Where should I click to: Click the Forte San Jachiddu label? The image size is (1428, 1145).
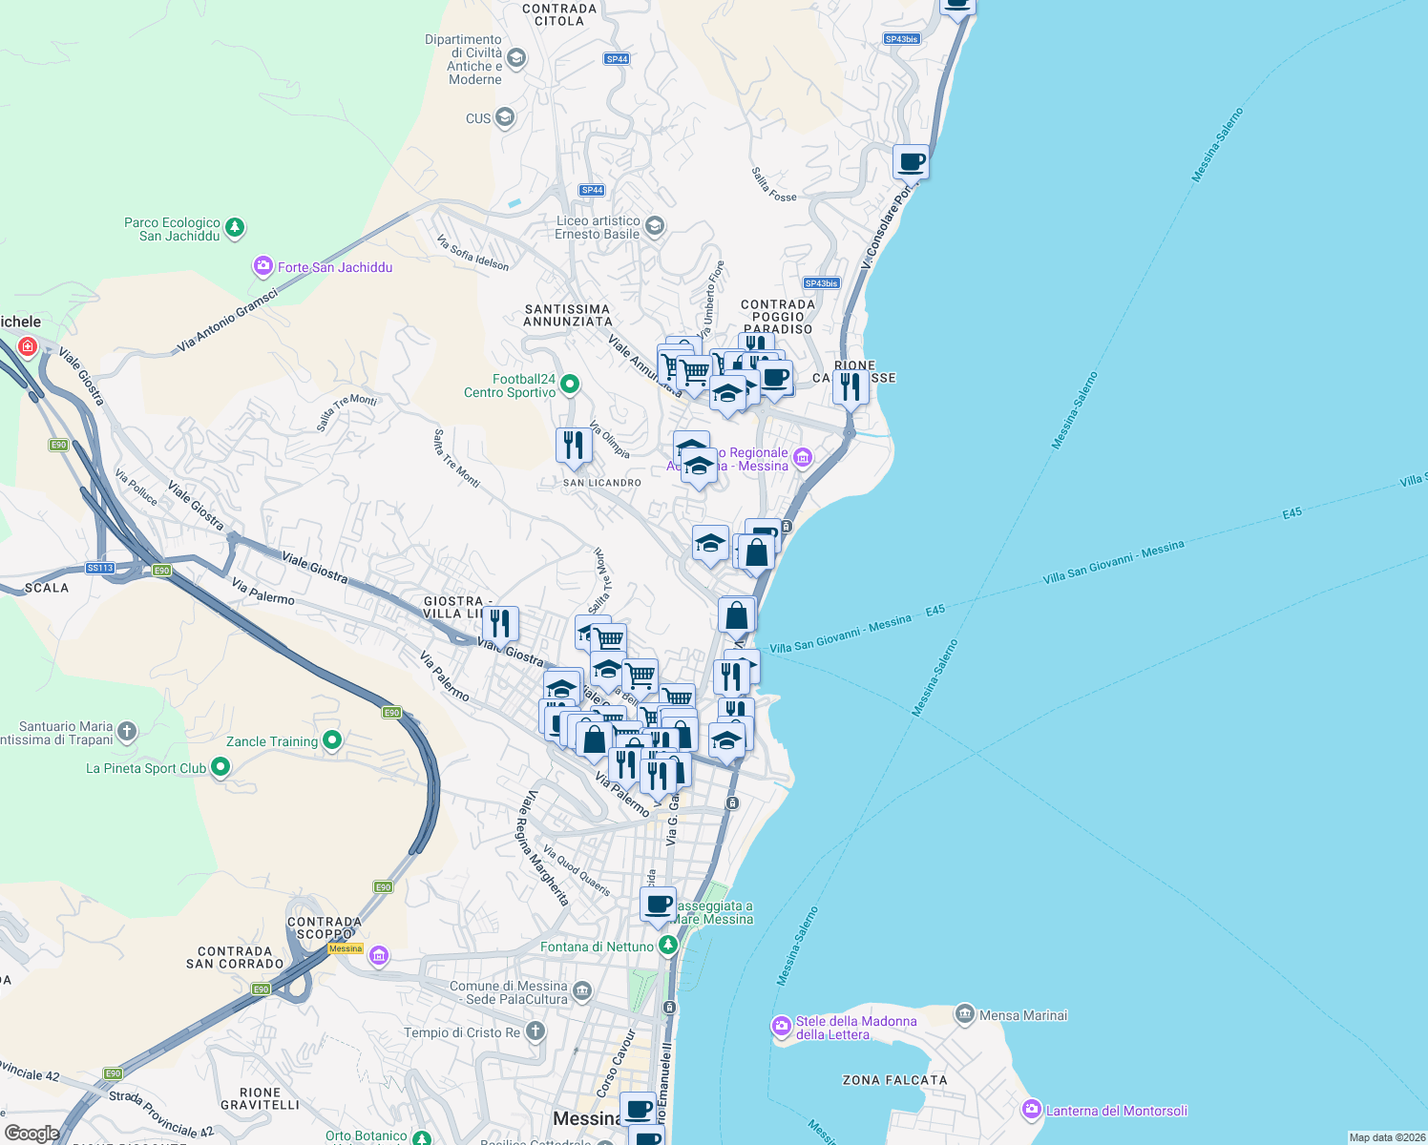pos(335,267)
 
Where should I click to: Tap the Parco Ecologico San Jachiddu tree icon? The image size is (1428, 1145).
pos(235,228)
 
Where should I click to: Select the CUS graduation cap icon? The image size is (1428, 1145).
pos(505,118)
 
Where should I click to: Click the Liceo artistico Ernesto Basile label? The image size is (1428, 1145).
pos(598,227)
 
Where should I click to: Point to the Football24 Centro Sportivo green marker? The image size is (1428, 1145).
pos(570,385)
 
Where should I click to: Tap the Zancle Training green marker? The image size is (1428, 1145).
pos(332,740)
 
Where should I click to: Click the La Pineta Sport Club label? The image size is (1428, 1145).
pos(146,768)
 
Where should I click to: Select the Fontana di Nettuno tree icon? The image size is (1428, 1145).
pos(668,946)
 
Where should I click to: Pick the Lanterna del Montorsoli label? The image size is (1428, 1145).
pos(1117,1111)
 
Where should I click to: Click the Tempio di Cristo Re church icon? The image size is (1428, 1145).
pos(535,1031)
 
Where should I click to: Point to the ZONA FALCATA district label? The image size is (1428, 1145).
pos(894,1080)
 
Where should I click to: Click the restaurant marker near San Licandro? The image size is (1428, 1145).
pos(574,446)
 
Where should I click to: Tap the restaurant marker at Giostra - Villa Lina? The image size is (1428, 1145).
pos(501,624)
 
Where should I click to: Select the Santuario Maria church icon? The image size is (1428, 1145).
pos(127,732)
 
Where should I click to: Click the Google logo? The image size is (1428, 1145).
pos(31,1133)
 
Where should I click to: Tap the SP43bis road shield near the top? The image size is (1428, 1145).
pos(901,39)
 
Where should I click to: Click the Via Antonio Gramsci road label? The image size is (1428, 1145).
pos(227,322)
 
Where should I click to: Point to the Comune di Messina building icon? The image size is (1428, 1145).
pos(582,991)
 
